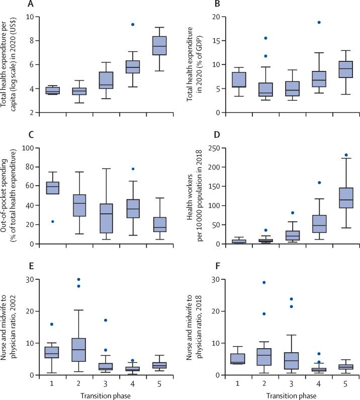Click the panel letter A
pos(31,5)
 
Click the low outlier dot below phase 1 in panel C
pos(53,221)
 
